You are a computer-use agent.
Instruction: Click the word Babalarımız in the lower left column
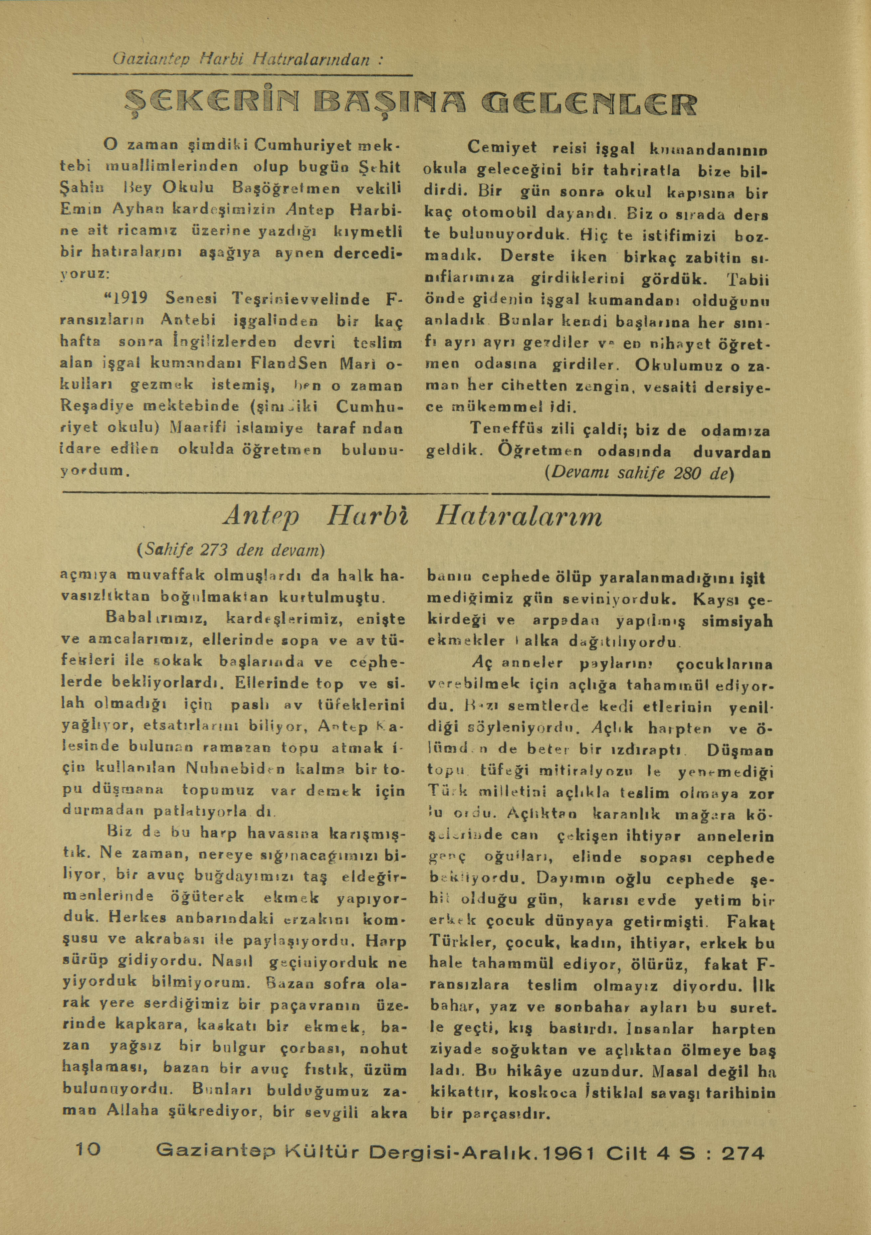[154, 619]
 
